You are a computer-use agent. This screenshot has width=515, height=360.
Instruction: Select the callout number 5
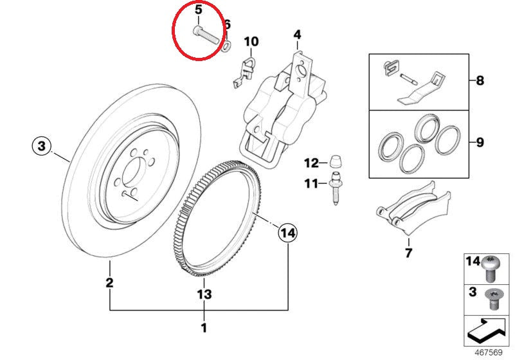pos(198,10)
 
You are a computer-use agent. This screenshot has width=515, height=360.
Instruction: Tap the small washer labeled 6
pos(227,46)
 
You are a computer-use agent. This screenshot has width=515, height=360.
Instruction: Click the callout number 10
pos(251,42)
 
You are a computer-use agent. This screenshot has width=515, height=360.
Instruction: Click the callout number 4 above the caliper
pos(297,34)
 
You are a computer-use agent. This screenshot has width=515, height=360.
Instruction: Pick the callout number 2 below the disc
pos(110,282)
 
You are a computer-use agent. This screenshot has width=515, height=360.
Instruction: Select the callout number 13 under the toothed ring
pos(203,294)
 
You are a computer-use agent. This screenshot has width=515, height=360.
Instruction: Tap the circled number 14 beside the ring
pos(287,233)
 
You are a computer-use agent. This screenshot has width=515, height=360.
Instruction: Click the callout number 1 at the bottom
pos(204,327)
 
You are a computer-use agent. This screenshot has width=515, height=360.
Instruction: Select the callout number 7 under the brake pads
pos(408,253)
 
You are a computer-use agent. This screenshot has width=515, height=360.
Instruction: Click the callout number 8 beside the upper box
pos(480,82)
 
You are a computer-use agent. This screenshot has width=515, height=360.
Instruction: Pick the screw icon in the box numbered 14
pos(491,267)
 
